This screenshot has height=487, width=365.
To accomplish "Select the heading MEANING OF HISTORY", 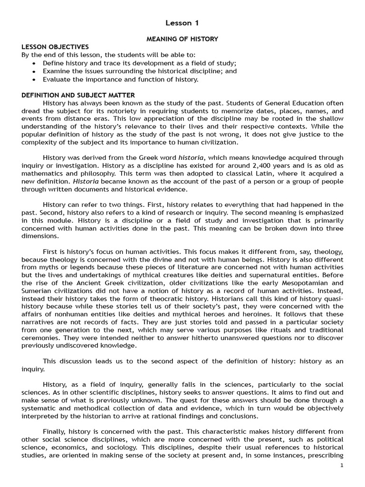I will click(x=182, y=39).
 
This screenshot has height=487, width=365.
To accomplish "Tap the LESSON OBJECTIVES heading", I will click(x=55, y=47).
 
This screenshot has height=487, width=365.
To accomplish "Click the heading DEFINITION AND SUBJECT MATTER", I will click(x=78, y=95).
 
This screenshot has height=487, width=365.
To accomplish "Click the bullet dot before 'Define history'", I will click(x=34, y=63).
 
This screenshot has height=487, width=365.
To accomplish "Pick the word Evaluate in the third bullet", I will click(x=57, y=79).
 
